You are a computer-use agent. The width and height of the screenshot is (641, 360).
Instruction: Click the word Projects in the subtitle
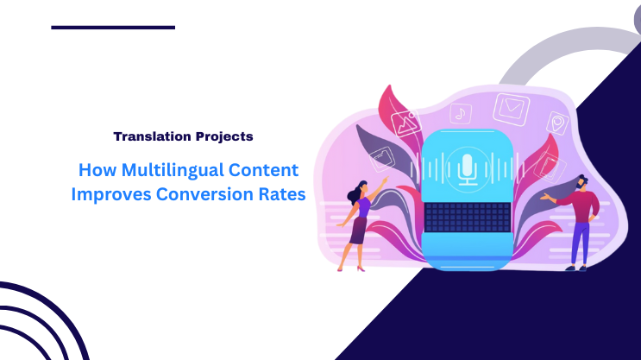223,136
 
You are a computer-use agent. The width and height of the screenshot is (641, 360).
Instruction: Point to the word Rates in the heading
281,194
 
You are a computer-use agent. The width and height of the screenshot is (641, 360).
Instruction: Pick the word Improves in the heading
111,194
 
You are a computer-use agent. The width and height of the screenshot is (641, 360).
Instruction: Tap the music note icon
461,113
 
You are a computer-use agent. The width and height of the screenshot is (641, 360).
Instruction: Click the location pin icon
557,123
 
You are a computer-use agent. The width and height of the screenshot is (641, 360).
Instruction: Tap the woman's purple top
363,207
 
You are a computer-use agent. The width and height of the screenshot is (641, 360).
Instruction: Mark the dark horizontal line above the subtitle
113,28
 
